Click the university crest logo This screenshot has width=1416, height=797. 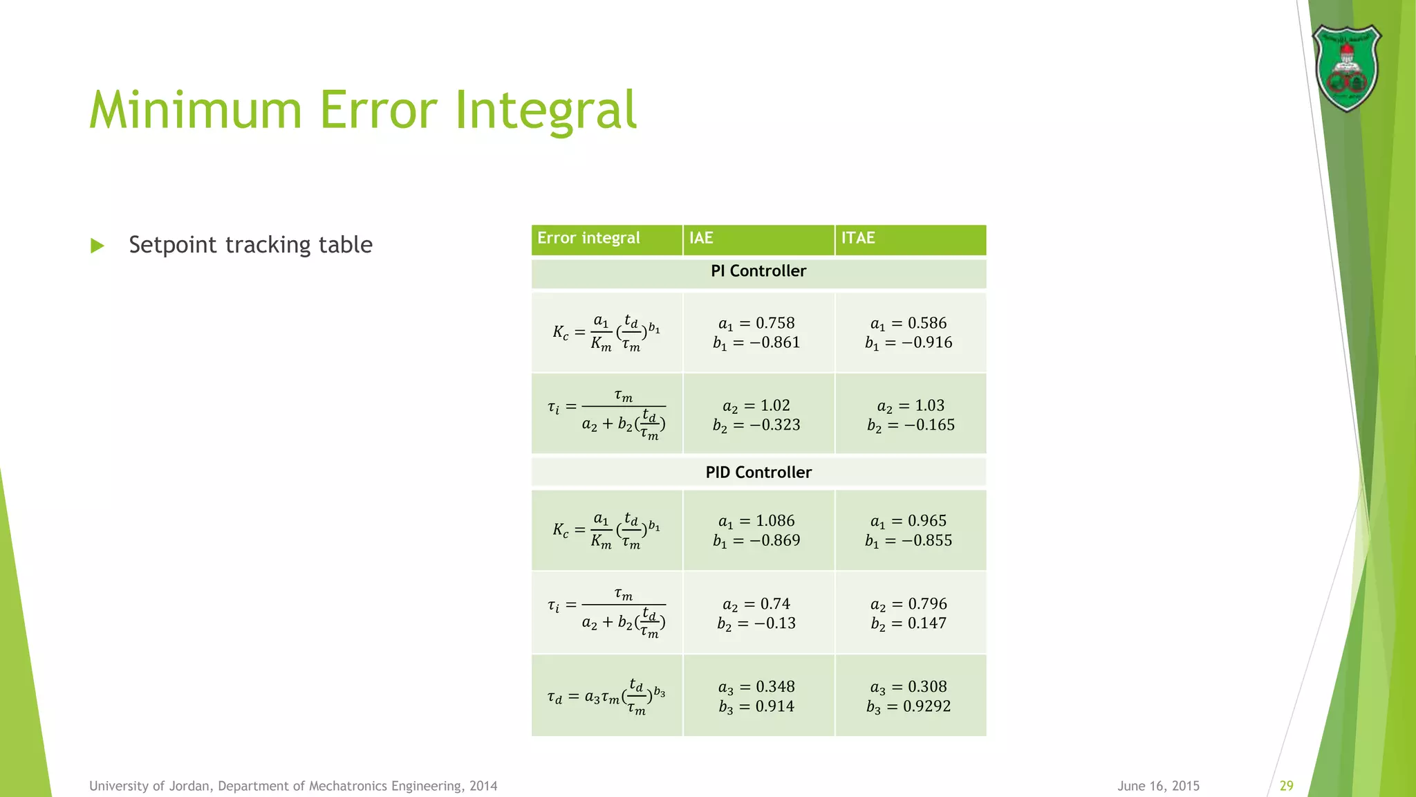[x=1346, y=68]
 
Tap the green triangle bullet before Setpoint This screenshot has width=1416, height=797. [x=97, y=246]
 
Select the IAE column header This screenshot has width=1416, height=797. [x=701, y=238]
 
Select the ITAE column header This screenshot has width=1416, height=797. [x=858, y=238]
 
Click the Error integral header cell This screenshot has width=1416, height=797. [x=588, y=238]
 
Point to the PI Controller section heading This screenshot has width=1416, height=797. [x=758, y=271]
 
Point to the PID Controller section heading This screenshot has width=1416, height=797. [x=758, y=473]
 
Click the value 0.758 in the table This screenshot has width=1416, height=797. [x=775, y=323]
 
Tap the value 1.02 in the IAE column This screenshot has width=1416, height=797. [x=775, y=405]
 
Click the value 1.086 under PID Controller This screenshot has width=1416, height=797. [x=775, y=521]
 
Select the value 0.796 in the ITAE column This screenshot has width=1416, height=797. [x=927, y=604]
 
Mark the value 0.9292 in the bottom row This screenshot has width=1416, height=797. [x=926, y=706]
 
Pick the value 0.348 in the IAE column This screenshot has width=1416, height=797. [x=775, y=687]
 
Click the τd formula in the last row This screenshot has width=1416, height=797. [x=606, y=697]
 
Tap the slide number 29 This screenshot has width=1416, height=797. [x=1286, y=786]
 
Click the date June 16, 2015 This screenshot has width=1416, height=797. [x=1158, y=786]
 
